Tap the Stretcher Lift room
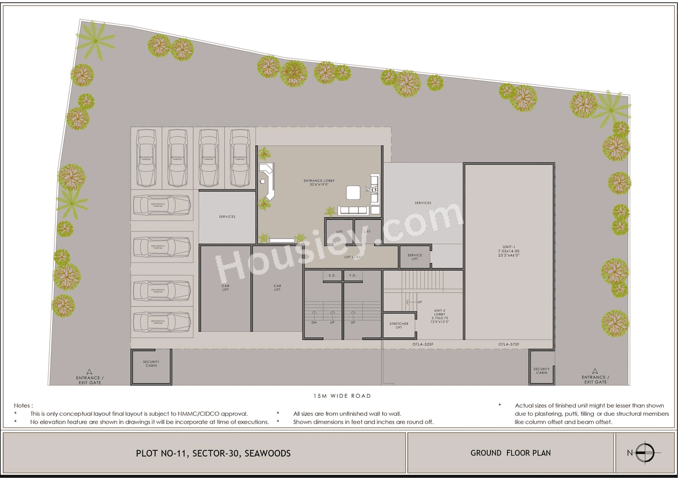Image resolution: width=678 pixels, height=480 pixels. (399, 325)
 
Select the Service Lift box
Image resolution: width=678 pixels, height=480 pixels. (415, 257)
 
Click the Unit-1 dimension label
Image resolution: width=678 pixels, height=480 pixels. (511, 253)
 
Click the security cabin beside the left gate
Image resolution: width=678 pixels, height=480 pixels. (151, 366)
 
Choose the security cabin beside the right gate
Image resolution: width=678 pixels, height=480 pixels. (541, 370)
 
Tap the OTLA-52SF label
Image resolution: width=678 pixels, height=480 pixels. (423, 345)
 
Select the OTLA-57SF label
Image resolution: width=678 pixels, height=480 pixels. (508, 345)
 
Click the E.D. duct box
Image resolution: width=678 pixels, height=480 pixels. (332, 276)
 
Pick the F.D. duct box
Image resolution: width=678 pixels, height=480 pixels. (352, 276)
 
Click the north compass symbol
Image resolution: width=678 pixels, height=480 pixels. (645, 453)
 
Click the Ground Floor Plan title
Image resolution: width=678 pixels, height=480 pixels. (511, 453)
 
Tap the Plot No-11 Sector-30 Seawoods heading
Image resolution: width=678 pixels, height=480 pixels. (213, 453)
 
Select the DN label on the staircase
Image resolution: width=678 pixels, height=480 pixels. (314, 322)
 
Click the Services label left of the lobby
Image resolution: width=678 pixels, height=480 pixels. (227, 216)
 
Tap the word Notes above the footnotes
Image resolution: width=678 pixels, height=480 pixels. (23, 405)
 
